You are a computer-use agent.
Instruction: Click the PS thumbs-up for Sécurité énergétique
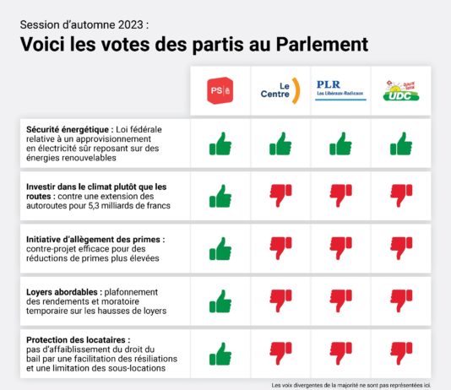pos(220,144)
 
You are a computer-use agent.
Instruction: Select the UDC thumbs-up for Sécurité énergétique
pos(400,144)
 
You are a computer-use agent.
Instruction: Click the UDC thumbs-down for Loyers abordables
pos(400,301)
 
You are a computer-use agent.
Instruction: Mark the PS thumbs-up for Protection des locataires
pos(220,353)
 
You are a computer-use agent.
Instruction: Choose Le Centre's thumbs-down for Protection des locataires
pos(280,353)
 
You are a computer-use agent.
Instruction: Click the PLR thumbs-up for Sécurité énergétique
pos(340,144)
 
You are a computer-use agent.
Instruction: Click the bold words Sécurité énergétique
pos(64,129)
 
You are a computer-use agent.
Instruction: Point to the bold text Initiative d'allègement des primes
pos(93,239)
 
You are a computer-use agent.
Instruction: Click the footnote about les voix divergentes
pos(350,384)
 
